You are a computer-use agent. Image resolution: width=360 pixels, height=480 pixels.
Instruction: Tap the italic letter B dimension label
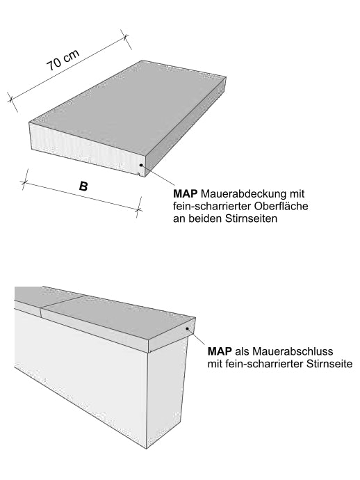point(83,186)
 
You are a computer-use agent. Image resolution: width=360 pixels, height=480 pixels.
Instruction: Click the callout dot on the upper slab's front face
point(141,166)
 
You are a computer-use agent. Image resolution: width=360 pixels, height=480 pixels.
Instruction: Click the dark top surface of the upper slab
point(132,104)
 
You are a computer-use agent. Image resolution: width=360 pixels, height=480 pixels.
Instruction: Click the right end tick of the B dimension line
point(138,207)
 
